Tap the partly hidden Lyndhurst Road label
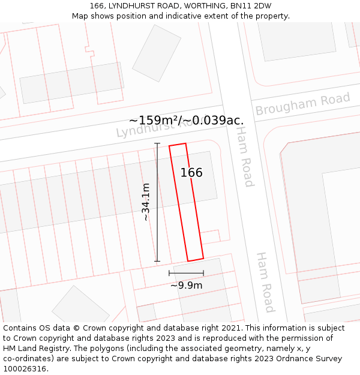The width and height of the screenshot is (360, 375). [153, 128]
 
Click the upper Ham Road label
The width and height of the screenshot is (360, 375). [244, 156]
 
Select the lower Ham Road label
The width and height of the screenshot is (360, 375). [265, 282]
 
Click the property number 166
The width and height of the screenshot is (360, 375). [191, 173]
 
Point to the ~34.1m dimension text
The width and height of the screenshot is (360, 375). [146, 202]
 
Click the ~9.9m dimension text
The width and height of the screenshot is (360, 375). [186, 285]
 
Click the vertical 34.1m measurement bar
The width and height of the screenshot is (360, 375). [157, 202]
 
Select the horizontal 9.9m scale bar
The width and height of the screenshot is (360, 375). [186, 273]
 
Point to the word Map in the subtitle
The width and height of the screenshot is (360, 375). [80, 16]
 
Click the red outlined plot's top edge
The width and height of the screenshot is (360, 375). [178, 145]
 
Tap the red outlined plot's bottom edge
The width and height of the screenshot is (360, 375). [196, 260]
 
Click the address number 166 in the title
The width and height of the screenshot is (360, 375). [97, 5]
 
